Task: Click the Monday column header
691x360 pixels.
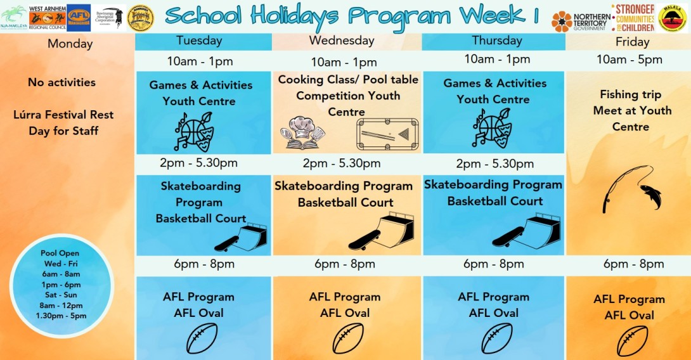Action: (x=70, y=44)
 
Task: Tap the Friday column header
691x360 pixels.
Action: (x=632, y=42)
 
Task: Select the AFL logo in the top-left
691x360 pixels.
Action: (x=79, y=17)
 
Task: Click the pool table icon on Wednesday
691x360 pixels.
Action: (x=387, y=134)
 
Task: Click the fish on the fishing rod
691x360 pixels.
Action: (x=650, y=195)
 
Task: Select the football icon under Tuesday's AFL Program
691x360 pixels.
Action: (x=202, y=338)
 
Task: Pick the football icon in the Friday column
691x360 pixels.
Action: (x=632, y=341)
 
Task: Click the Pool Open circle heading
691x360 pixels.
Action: (x=60, y=254)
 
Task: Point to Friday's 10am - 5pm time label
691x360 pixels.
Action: (x=629, y=60)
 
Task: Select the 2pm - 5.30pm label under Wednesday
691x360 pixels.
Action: (x=342, y=164)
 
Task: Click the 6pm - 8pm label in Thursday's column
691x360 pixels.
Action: (x=493, y=264)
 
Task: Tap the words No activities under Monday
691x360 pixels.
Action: (x=61, y=82)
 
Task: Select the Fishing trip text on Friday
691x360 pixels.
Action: (x=630, y=94)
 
